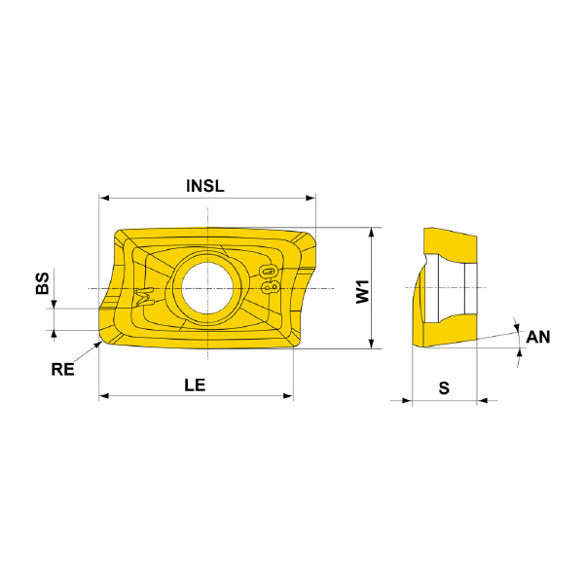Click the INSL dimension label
tap(205, 186)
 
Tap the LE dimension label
tap(195, 384)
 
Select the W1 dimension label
tap(362, 292)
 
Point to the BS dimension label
tap(43, 283)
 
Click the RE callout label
tap(62, 370)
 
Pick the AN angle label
tap(538, 337)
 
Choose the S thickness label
tap(444, 388)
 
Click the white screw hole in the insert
tap(207, 288)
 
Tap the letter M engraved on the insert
tap(145, 297)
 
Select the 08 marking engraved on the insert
tap(270, 279)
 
